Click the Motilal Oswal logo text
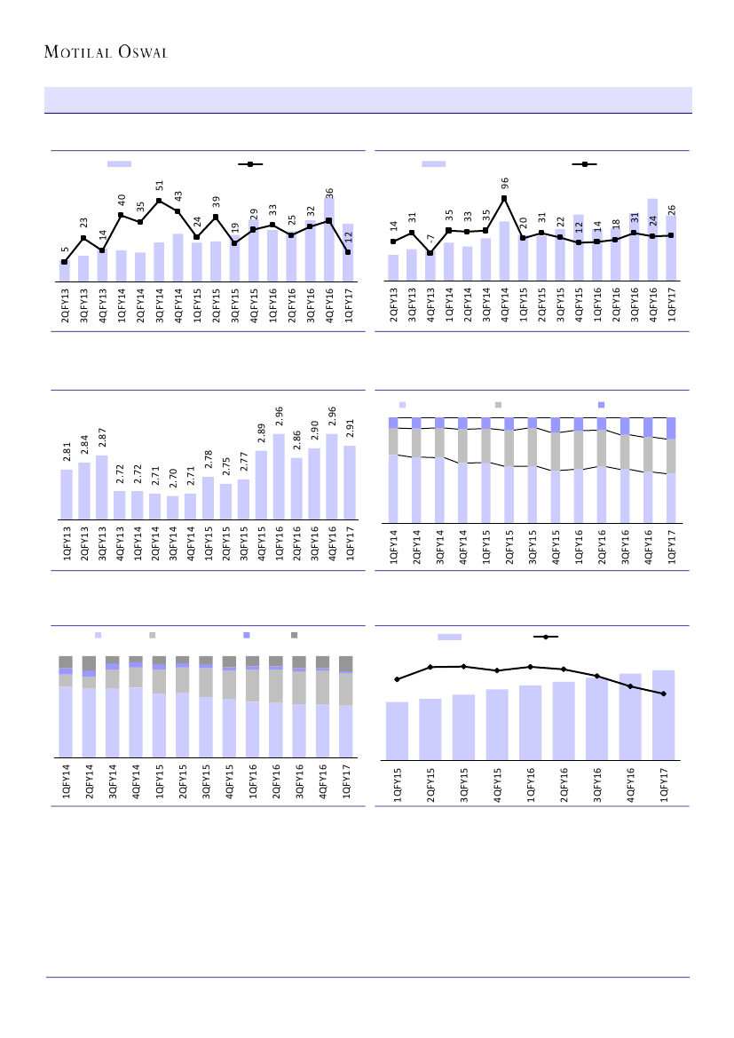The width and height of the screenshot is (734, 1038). point(107,52)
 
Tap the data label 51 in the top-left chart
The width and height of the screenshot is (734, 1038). point(160,185)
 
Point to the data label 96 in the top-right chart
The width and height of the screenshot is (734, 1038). point(505,183)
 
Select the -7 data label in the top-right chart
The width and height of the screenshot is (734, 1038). point(430,239)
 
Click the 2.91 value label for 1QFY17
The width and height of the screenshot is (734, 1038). point(351,430)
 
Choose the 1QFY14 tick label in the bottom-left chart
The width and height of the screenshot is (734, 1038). point(67,782)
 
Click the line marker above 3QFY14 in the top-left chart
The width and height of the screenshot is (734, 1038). point(160,201)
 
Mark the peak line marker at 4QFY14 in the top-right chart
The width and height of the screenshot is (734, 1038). point(504,198)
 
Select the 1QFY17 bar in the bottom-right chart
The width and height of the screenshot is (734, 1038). point(663,715)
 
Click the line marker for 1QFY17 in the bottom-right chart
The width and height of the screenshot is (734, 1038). point(663,693)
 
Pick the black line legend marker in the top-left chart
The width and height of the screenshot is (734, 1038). point(250,164)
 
